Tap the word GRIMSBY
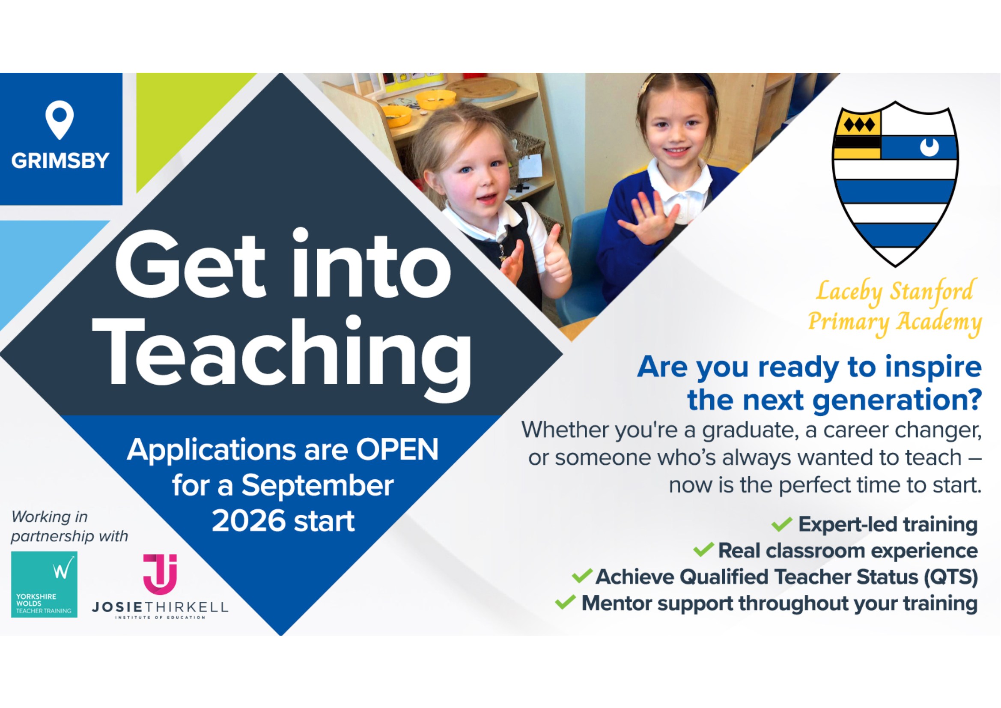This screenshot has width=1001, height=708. coord(60,161)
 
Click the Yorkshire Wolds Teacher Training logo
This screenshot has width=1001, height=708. coord(44,584)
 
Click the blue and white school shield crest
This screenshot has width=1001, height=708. coord(895,184)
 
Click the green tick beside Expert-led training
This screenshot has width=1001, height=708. coord(782,523)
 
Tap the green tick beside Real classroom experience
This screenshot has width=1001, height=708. coord(703,550)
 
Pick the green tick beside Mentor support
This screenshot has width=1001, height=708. coord(566,603)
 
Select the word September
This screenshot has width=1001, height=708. coord(317,486)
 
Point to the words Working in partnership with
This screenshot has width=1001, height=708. coord(70,526)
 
